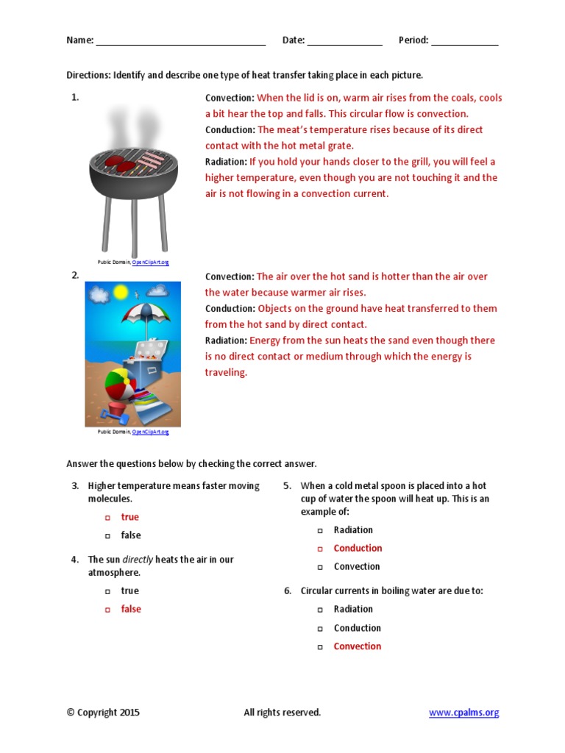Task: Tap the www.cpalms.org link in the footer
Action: [x=463, y=712]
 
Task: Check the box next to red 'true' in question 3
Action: [x=107, y=518]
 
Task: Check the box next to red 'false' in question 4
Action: [x=107, y=610]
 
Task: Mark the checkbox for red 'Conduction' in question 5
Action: [x=320, y=549]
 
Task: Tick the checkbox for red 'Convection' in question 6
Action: [x=320, y=647]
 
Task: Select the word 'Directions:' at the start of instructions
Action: [x=88, y=76]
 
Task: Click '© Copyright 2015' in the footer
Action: [x=103, y=712]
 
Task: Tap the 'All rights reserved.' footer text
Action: [x=282, y=712]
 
